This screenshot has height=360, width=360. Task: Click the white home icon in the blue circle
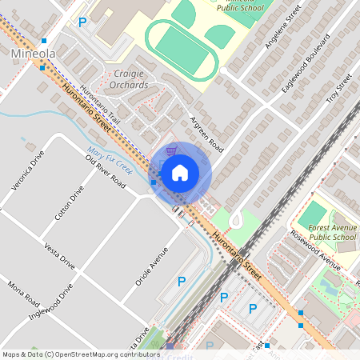click(180, 172)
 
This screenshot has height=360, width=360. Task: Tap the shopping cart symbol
click(170, 149)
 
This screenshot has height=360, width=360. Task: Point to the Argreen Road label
click(206, 133)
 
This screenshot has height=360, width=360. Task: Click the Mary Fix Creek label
click(110, 158)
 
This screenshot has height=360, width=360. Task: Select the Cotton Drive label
click(68, 204)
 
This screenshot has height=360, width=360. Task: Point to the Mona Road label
click(22, 294)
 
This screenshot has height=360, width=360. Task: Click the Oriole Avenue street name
click(152, 266)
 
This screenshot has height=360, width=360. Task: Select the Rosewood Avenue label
click(316, 249)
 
